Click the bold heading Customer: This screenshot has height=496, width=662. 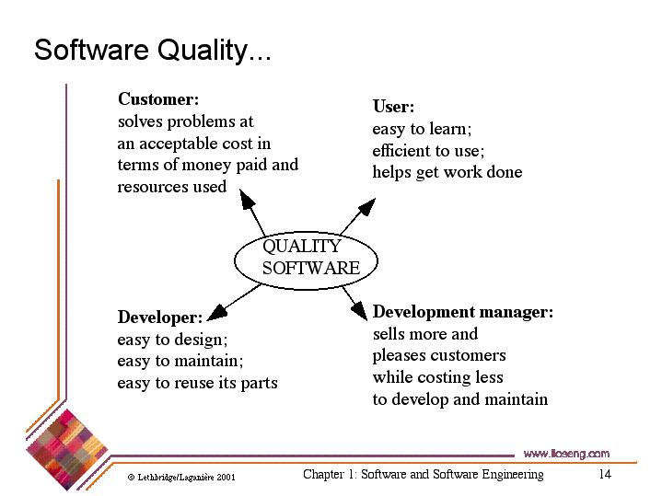158,99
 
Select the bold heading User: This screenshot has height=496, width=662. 393,107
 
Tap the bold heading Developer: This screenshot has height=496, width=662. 160,317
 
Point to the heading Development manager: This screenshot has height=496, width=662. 463,312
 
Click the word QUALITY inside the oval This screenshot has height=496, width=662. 301,246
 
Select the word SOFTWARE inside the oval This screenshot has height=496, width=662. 311,268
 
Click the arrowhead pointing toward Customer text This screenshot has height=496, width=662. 247,199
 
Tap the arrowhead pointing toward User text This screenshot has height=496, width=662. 366,207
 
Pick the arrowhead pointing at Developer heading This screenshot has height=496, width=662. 217,312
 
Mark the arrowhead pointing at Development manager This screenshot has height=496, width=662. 360,312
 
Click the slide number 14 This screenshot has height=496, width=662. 605,474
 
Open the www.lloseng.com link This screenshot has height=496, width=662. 566,454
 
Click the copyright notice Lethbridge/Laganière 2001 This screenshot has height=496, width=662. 181,477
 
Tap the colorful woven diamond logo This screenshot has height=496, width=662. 67,450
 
